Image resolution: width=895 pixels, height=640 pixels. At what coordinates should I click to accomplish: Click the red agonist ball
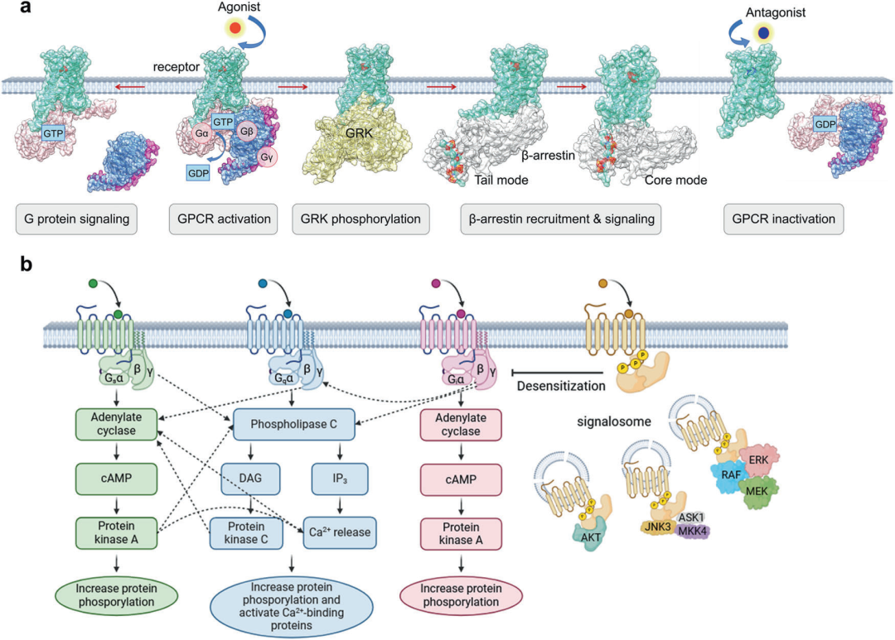click(x=235, y=28)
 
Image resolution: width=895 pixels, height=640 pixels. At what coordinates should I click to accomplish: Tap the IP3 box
click(x=341, y=478)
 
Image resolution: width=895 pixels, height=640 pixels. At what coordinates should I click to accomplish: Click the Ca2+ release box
click(x=341, y=531)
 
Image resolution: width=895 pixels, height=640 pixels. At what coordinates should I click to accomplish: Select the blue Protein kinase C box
click(x=247, y=531)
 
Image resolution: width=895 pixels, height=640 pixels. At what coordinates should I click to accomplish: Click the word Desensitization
click(x=559, y=386)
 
